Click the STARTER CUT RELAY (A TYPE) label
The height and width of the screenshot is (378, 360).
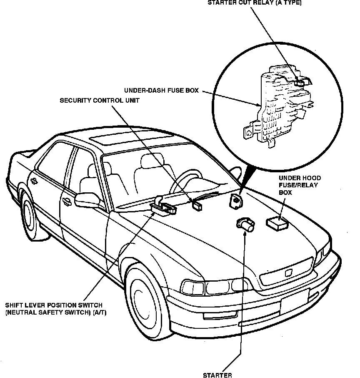click(254, 3)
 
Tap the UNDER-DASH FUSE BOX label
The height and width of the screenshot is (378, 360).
click(161, 90)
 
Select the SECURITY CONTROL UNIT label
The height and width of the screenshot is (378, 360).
click(100, 101)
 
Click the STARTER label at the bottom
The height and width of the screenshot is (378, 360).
click(217, 375)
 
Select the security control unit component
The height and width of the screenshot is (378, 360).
click(196, 204)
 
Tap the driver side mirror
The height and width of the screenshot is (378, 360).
click(87, 200)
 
